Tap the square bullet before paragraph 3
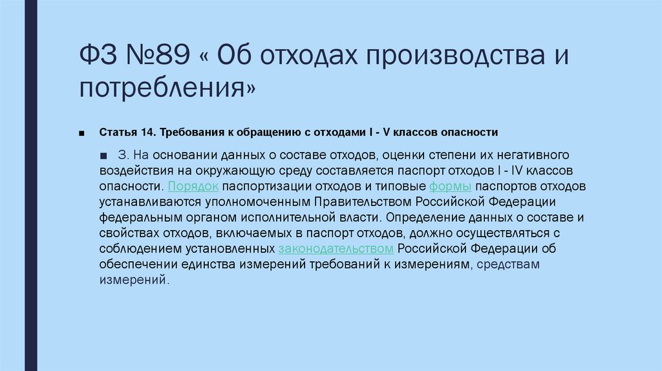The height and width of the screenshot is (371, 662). tap(104, 156)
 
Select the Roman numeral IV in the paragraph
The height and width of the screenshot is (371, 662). tap(517, 171)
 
